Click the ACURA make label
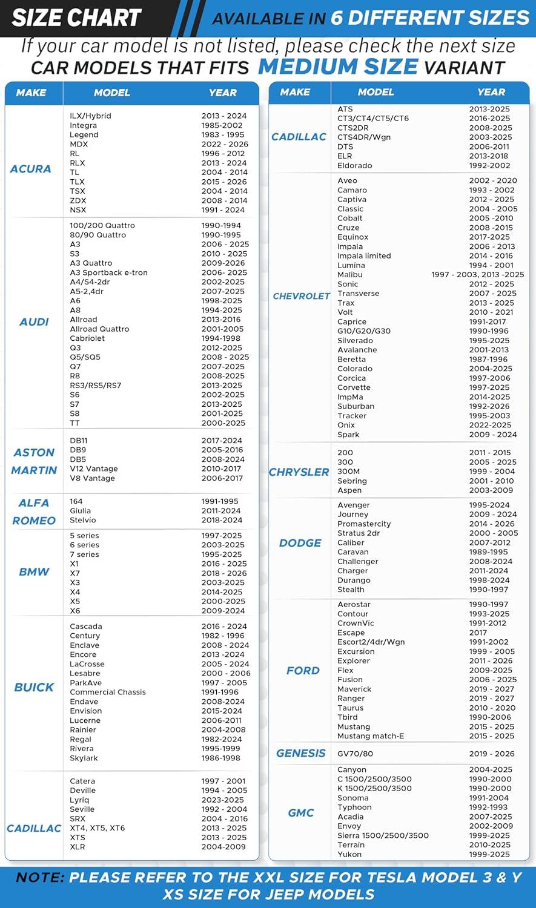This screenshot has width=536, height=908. (x=30, y=169)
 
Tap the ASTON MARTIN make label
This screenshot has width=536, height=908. (x=34, y=461)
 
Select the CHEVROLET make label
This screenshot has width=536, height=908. (x=301, y=296)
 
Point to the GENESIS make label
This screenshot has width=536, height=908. (x=301, y=754)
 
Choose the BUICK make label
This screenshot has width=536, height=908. (x=34, y=687)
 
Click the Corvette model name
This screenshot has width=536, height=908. (x=354, y=387)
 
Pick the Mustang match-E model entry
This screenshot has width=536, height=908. (x=371, y=736)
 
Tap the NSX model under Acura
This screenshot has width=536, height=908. (x=78, y=210)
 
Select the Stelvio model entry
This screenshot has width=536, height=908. (x=83, y=520)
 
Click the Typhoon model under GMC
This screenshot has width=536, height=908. (x=354, y=807)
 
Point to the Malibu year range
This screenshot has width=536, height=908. (x=478, y=275)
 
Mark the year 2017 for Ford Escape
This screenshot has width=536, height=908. (x=478, y=633)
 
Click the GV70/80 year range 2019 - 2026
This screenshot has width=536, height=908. (x=492, y=754)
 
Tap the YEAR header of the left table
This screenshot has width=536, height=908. (x=222, y=93)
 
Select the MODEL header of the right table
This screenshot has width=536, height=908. (x=376, y=92)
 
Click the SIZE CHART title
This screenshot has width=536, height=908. (x=76, y=18)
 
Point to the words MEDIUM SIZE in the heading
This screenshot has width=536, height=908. (x=338, y=67)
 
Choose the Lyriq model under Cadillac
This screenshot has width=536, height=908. (x=79, y=800)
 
